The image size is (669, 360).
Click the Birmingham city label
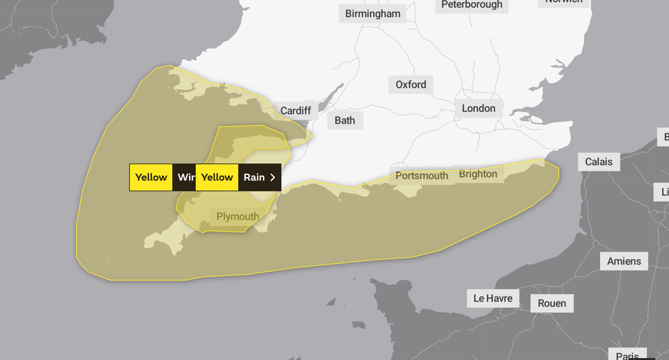pyautogui.click(x=373, y=14)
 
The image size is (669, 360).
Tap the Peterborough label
pyautogui.click(x=472, y=5)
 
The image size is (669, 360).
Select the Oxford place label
pyautogui.click(x=411, y=85)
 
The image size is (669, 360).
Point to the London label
pyautogui.click(x=479, y=108)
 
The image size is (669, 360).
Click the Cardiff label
pyautogui.click(x=296, y=111)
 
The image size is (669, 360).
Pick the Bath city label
pyautogui.click(x=345, y=120)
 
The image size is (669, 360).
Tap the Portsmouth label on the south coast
pyautogui.click(x=422, y=176)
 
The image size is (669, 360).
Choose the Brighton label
pyautogui.click(x=478, y=174)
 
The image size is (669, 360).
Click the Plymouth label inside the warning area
pyautogui.click(x=238, y=217)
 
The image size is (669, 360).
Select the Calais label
pyautogui.click(x=599, y=162)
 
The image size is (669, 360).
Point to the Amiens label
pyautogui.click(x=624, y=261)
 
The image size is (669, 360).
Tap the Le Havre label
pyautogui.click(x=494, y=299)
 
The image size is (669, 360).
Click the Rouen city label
pyautogui.click(x=552, y=303)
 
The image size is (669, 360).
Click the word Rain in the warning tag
pyautogui.click(x=254, y=177)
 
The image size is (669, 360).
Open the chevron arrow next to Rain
pyautogui.click(x=273, y=177)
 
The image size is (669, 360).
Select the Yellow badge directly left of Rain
pyautogui.click(x=217, y=177)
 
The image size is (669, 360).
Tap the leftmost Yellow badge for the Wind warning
pyautogui.click(x=151, y=177)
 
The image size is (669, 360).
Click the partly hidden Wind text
pyautogui.click(x=185, y=177)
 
